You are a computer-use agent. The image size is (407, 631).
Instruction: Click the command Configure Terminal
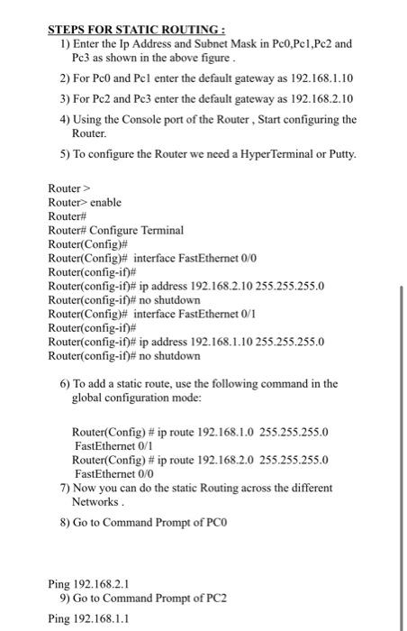(x=134, y=231)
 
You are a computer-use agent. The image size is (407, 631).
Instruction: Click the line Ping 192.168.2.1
(x=94, y=584)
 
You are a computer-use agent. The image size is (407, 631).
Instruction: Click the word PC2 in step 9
(x=203, y=599)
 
